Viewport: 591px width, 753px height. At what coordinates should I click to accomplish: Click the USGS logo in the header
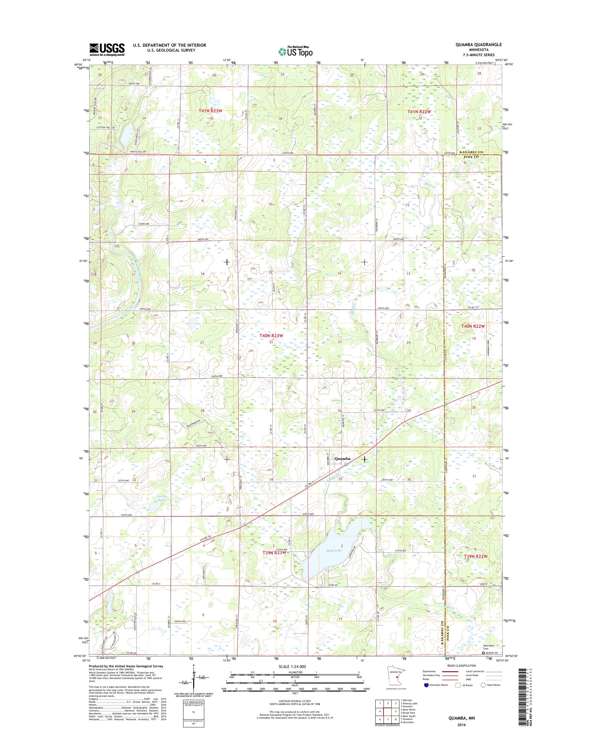[107, 49]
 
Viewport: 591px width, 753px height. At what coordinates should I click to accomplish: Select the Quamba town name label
[343, 459]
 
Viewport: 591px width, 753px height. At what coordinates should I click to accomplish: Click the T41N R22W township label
[419, 112]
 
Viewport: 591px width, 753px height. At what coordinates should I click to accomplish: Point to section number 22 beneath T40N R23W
[271, 342]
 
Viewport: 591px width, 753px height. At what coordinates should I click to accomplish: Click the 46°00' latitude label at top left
[78, 64]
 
